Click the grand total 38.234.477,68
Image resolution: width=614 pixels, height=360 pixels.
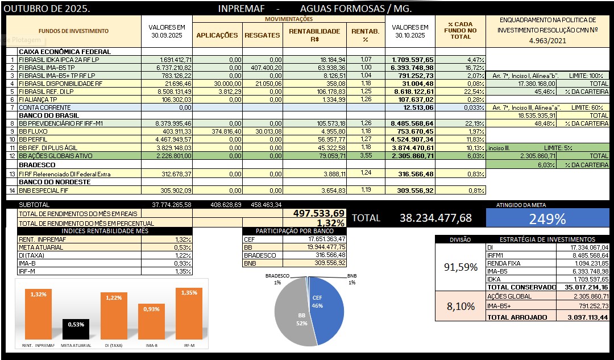click(x=435, y=218)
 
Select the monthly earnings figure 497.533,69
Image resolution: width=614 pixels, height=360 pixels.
click(x=319, y=213)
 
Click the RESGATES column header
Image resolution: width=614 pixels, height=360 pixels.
click(x=262, y=35)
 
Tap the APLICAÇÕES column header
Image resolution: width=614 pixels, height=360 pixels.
click(x=217, y=35)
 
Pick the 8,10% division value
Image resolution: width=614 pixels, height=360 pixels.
click(x=460, y=307)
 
